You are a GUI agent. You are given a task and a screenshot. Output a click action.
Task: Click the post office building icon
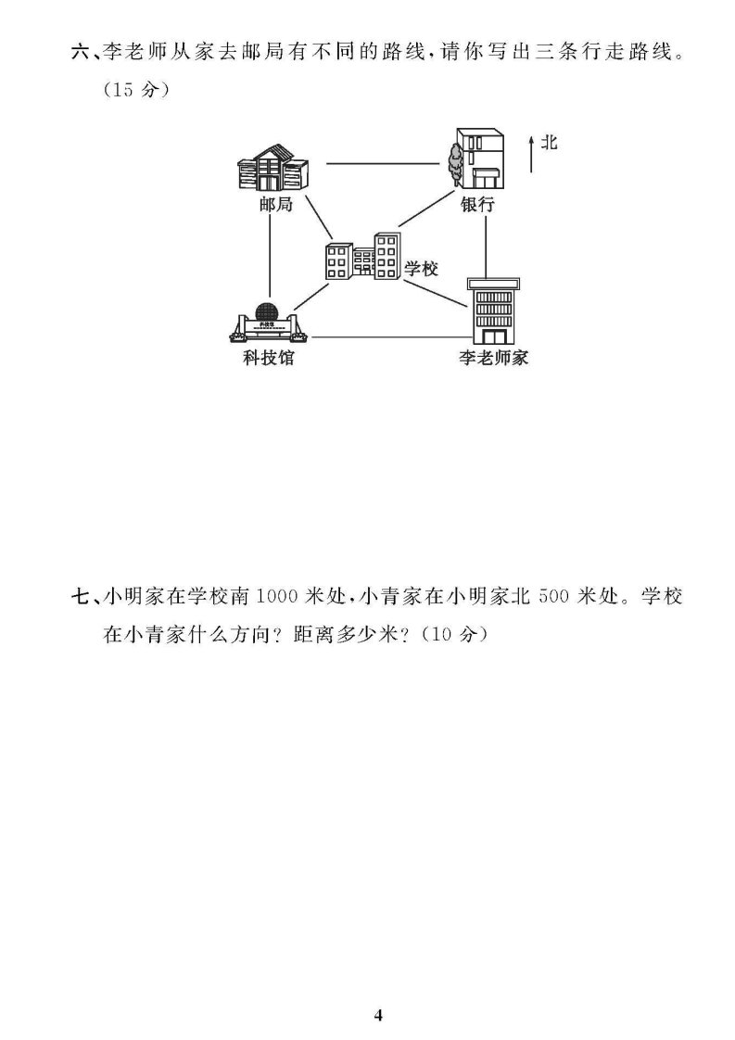click(x=272, y=169)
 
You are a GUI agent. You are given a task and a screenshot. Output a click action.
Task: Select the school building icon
click(x=362, y=256)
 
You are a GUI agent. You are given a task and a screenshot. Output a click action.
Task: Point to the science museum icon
click(x=269, y=323)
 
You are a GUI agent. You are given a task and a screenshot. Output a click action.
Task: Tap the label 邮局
click(x=276, y=204)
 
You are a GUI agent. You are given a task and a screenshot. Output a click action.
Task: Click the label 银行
click(x=477, y=204)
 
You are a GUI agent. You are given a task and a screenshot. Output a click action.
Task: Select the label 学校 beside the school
click(x=421, y=269)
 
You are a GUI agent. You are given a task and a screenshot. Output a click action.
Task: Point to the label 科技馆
click(x=269, y=358)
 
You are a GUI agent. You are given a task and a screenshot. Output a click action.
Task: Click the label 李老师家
click(x=493, y=358)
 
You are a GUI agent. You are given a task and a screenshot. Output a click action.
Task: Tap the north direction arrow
click(x=531, y=154)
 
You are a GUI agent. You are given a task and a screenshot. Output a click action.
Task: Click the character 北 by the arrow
click(x=550, y=142)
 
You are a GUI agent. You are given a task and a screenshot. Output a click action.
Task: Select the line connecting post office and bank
click(x=382, y=163)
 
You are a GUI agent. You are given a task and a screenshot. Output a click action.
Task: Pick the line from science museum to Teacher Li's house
click(x=388, y=337)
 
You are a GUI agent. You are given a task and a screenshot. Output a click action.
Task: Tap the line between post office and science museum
click(x=271, y=257)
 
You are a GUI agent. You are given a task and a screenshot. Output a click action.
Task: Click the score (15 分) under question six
click(x=136, y=90)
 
